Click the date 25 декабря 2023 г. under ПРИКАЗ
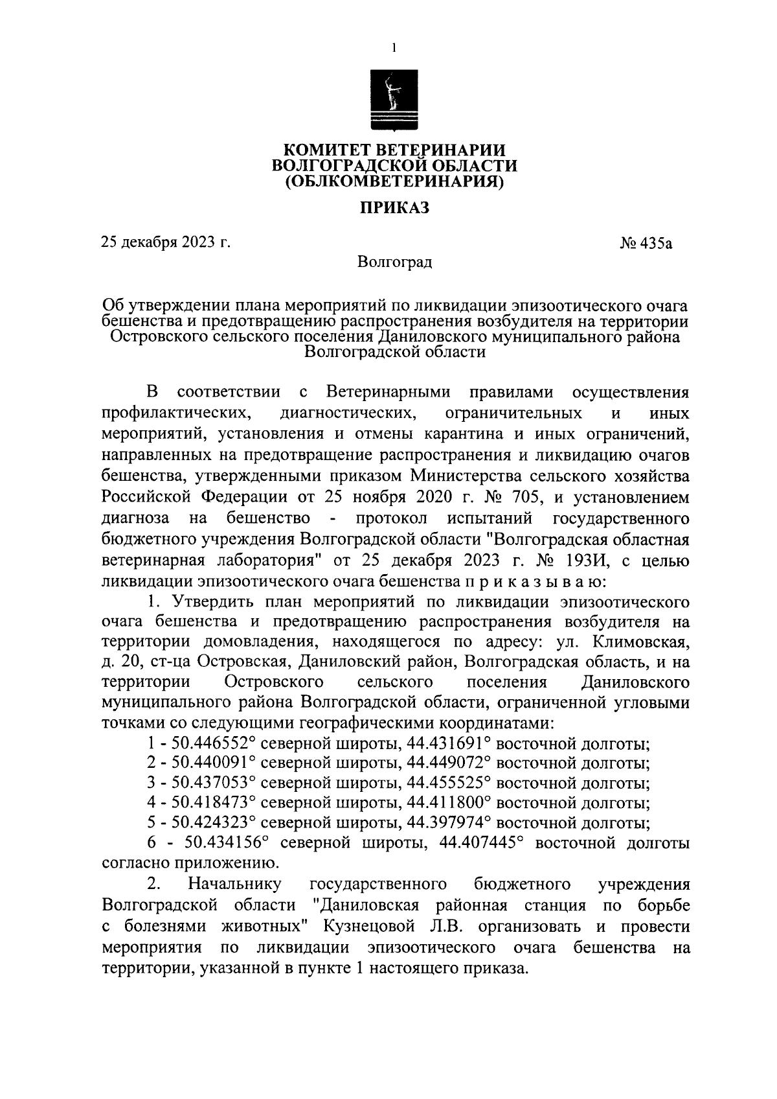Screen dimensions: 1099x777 pyautogui.click(x=166, y=243)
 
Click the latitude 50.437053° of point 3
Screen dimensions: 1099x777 pyautogui.click(x=211, y=784)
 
